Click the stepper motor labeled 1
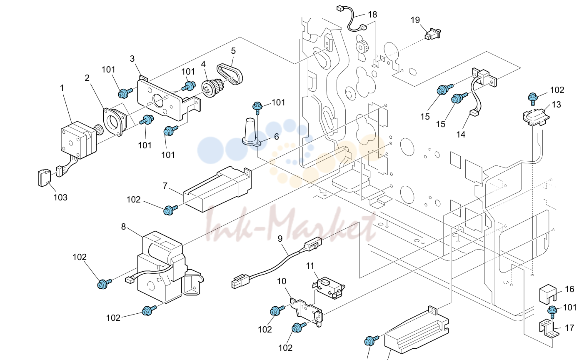tap(78, 140)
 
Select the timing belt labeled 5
tap(230, 74)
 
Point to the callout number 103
tap(60, 197)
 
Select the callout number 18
tap(372, 15)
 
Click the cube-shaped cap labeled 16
tap(547, 295)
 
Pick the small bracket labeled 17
tap(549, 330)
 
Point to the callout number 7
tap(165, 186)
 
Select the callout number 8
tap(124, 227)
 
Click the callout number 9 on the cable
tap(280, 238)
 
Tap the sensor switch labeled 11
tap(329, 287)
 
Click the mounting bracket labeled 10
tap(307, 312)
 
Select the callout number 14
tap(461, 135)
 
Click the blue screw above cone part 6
tap(257, 108)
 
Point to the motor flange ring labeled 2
tap(115, 121)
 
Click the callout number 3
tap(132, 59)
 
